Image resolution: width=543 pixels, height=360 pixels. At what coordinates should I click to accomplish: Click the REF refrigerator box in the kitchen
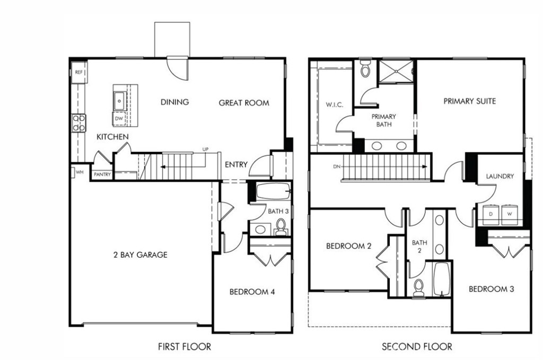(x=78, y=72)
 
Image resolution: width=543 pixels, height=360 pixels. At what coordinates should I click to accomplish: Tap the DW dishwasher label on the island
(x=119, y=119)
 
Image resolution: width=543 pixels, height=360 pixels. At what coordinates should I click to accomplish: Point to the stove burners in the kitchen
(x=78, y=123)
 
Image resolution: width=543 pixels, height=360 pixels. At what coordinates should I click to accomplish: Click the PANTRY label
(x=101, y=174)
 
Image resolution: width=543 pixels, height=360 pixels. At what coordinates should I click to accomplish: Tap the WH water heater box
(x=79, y=172)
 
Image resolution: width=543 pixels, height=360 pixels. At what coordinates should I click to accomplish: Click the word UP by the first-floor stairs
(x=204, y=150)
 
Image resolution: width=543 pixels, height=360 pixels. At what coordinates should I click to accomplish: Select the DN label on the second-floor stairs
(x=336, y=166)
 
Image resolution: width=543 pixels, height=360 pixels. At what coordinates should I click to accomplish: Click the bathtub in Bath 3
(x=273, y=191)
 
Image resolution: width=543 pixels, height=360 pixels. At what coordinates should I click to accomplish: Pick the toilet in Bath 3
(x=281, y=227)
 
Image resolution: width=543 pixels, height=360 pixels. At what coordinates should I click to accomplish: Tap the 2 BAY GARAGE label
(x=140, y=255)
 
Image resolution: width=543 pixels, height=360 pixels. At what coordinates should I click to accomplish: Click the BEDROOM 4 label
(x=252, y=292)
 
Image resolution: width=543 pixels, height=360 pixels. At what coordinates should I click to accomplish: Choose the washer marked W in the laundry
(x=510, y=213)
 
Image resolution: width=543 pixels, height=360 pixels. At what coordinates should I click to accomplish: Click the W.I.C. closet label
(x=334, y=105)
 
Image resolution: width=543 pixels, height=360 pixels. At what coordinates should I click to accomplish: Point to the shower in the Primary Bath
(x=396, y=72)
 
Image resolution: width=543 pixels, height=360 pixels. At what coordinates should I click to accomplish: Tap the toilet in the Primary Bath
(x=365, y=68)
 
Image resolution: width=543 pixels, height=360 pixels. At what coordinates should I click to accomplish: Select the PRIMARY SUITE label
(x=469, y=101)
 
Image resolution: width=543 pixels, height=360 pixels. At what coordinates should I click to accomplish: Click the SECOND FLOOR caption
(x=417, y=347)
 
